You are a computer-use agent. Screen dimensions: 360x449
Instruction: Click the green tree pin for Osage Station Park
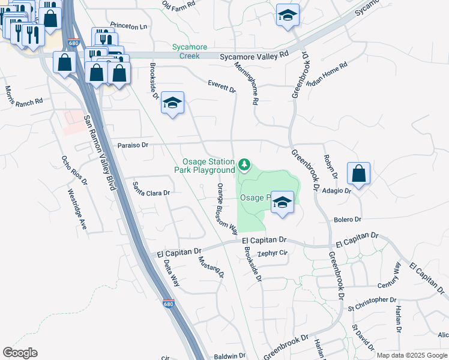click(x=244, y=164)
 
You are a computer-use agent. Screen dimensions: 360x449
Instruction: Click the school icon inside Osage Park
click(x=282, y=202)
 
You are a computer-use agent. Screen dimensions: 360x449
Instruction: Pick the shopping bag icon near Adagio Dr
click(x=358, y=174)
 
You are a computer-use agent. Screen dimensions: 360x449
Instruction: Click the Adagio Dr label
click(x=337, y=190)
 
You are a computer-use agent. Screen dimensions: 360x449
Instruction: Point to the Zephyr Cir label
click(x=273, y=253)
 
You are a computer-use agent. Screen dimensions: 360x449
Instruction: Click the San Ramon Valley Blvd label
click(x=99, y=152)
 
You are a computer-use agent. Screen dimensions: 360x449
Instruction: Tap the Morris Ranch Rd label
click(x=24, y=95)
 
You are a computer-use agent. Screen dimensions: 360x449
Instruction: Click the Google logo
click(x=20, y=353)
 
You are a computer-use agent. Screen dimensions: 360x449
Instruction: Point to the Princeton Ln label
click(x=128, y=27)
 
